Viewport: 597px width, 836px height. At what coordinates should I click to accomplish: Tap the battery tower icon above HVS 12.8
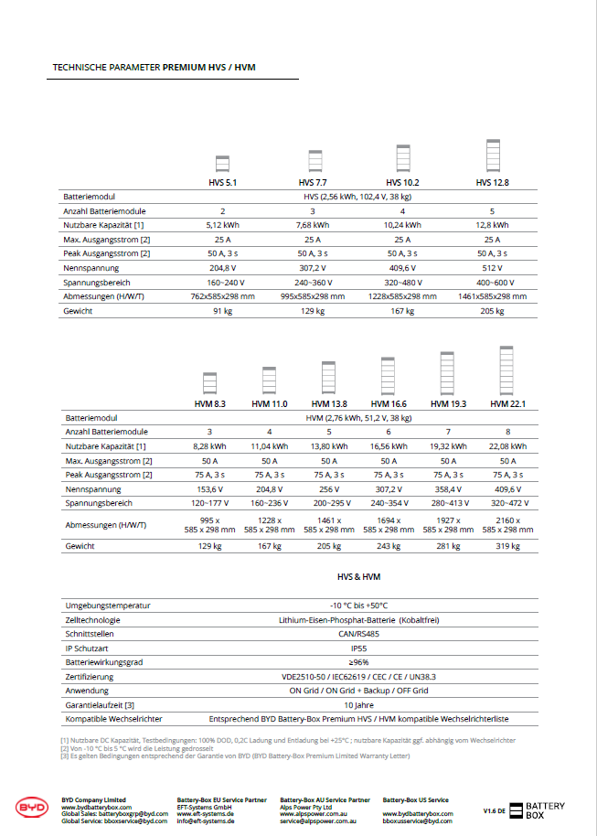tap(493, 155)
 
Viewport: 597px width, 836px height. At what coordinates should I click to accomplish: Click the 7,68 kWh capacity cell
tap(313, 225)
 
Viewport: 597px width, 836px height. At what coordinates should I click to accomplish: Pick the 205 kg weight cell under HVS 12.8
tap(492, 312)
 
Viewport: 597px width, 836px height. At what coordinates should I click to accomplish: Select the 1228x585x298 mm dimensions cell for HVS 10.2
tap(403, 297)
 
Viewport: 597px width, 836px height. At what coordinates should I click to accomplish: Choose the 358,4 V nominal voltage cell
tap(448, 489)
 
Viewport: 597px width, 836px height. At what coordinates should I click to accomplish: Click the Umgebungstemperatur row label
tap(108, 606)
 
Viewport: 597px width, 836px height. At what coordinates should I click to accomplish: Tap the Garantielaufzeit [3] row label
tap(101, 705)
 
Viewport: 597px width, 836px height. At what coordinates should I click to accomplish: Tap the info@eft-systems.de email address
tap(206, 821)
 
